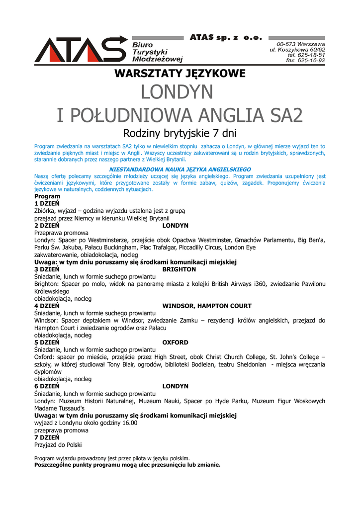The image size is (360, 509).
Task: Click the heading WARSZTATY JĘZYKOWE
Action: coord(180,74)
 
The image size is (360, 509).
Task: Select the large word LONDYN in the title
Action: coord(177,92)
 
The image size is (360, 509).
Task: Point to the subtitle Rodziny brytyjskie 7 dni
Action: coord(180,134)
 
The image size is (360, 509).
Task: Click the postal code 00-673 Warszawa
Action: coord(301,44)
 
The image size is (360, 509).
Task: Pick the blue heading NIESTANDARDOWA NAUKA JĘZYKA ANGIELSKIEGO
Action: coord(180,170)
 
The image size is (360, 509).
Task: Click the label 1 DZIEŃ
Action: coord(47,204)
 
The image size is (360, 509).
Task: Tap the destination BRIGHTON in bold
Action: coord(179,269)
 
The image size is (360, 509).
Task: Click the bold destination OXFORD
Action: coord(175,342)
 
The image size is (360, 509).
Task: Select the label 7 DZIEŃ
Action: coord(47,437)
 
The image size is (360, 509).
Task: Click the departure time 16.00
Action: coord(128,423)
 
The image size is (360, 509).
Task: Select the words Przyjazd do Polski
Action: coord(58,445)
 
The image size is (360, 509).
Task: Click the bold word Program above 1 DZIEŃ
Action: coord(47,196)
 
